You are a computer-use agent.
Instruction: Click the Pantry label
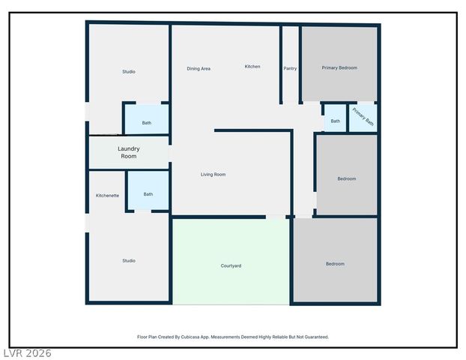pyautogui.click(x=290, y=68)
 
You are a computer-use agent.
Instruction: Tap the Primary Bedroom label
pyautogui.click(x=339, y=67)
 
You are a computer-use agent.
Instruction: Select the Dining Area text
pyautogui.click(x=199, y=68)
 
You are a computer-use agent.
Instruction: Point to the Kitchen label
pyautogui.click(x=252, y=67)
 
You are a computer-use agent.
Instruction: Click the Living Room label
pyautogui.click(x=213, y=175)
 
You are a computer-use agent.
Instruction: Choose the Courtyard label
pyautogui.click(x=231, y=266)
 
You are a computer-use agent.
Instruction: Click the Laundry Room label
pyautogui.click(x=128, y=152)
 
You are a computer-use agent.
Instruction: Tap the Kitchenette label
pyautogui.click(x=107, y=196)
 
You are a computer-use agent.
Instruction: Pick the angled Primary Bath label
pyautogui.click(x=363, y=118)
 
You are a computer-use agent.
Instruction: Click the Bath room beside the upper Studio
pyautogui.click(x=147, y=123)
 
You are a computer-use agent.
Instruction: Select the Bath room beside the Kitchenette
pyautogui.click(x=148, y=194)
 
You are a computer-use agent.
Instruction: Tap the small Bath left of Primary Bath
pyautogui.click(x=335, y=121)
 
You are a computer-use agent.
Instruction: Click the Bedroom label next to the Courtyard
pyautogui.click(x=335, y=264)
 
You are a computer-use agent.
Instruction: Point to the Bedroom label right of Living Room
pyautogui.click(x=346, y=178)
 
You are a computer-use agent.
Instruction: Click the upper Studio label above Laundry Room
pyautogui.click(x=129, y=72)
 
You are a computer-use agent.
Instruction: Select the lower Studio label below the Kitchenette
pyautogui.click(x=129, y=261)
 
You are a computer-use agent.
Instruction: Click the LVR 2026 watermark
pyautogui.click(x=27, y=352)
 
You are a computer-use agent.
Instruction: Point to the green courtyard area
pyautogui.click(x=231, y=247)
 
